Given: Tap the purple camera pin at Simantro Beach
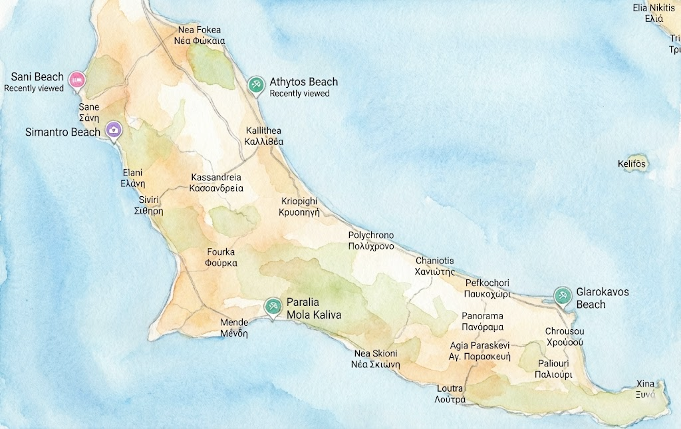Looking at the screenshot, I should pos(114,130).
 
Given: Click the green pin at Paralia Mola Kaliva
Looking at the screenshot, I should pos(272,307).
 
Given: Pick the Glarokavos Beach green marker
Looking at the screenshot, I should pos(562,296).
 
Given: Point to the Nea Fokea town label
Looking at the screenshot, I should pos(200,35).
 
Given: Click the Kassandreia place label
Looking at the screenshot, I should pos(216,183).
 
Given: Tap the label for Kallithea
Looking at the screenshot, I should pos(264,136).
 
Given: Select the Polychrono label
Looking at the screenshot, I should pos(371,241).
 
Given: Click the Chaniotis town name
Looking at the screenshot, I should pos(435,266).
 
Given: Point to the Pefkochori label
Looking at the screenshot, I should pos(487,288).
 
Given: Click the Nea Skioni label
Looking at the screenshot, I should pos(376,358).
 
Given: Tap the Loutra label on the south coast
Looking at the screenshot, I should pos(450,394).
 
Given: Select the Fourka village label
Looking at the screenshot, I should pos(221,257).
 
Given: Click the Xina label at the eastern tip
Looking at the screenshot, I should pos(645,389).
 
